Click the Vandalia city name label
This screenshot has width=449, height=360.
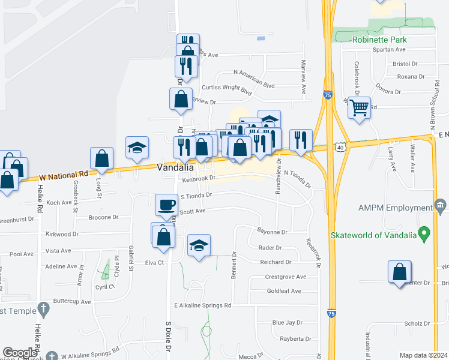point(175,168)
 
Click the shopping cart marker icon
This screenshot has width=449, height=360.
point(359,109)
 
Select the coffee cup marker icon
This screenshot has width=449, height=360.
point(166,205)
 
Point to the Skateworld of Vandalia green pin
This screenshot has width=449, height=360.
point(424,232)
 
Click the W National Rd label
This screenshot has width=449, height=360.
point(63,176)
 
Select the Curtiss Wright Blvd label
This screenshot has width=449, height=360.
point(226,89)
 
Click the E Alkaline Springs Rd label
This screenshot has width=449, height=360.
point(202,305)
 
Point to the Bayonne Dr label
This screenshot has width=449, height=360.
point(273,232)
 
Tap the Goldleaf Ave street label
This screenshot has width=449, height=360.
point(284,291)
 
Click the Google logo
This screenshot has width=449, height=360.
point(20,353)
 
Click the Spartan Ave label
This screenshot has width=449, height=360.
point(389,50)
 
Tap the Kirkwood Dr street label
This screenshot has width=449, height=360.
point(62,233)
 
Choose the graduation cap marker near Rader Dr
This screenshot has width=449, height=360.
point(199,245)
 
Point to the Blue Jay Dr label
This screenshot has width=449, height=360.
point(286,322)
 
